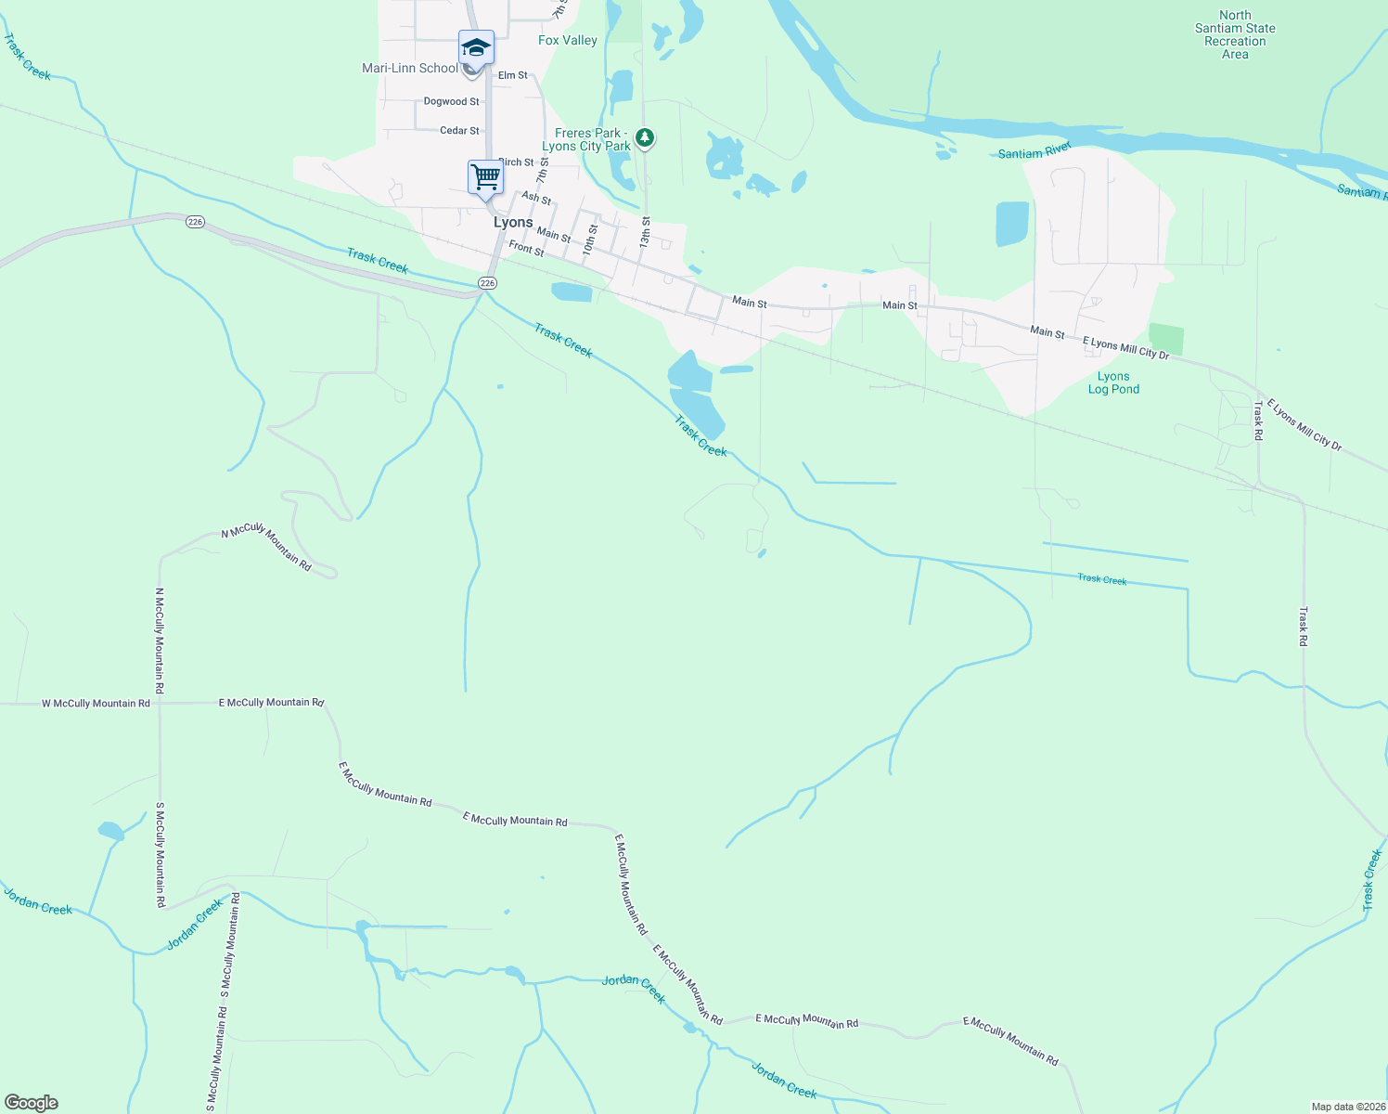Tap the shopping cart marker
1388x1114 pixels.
point(485,175)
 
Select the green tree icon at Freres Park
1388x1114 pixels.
point(645,138)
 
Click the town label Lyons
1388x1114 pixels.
point(513,223)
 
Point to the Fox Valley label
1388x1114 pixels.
point(568,40)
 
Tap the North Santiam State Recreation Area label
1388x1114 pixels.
point(1235,35)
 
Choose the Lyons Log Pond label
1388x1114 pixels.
point(1113,382)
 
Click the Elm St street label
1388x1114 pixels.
point(512,75)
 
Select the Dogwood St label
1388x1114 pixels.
point(452,101)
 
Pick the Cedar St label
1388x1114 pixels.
point(460,131)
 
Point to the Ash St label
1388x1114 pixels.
point(536,198)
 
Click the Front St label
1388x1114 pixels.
point(526,249)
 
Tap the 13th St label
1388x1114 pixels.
point(645,232)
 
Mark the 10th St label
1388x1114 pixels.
point(590,240)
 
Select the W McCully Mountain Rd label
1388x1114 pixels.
point(96,704)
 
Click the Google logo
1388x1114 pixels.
point(31,1103)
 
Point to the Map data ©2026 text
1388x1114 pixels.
point(1346,1107)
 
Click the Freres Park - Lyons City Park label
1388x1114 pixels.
point(586,139)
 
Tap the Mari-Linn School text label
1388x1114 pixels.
point(410,68)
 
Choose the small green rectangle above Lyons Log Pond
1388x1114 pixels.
point(1166,339)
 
